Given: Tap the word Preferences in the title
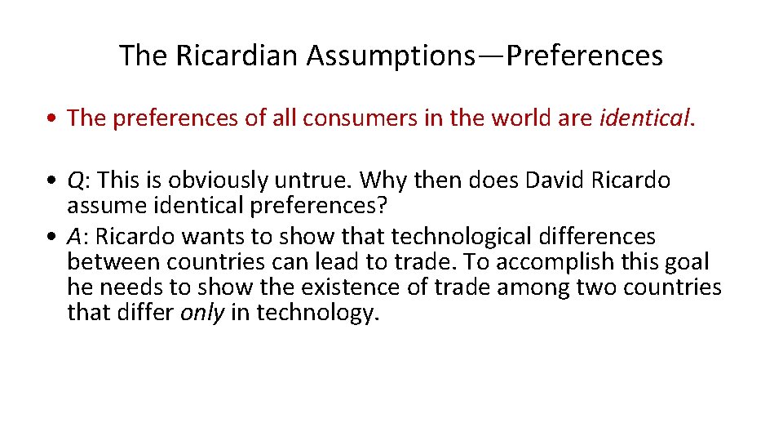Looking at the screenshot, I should pos(585,56).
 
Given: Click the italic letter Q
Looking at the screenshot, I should pos(76,180).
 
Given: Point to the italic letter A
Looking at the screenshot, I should pos(75,237).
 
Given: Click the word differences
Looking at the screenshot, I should pos(604,237).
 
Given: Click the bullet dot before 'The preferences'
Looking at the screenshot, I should pos(51,119).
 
